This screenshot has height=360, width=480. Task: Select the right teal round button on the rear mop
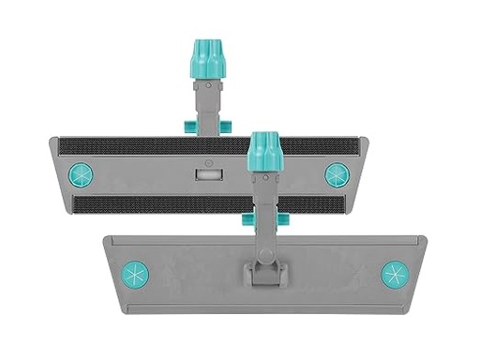tap(336, 174)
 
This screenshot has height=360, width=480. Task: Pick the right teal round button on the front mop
tap(396, 274)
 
